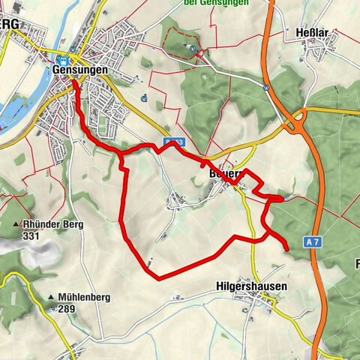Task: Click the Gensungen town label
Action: click(x=80, y=69)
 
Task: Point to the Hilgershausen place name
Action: click(x=251, y=286)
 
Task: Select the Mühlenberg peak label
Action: click(x=84, y=297)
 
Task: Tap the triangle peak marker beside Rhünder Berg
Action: click(x=16, y=224)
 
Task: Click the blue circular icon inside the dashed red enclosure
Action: click(x=193, y=49)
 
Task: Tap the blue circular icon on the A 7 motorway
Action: click(x=266, y=86)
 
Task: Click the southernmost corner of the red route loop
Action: click(x=158, y=278)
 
